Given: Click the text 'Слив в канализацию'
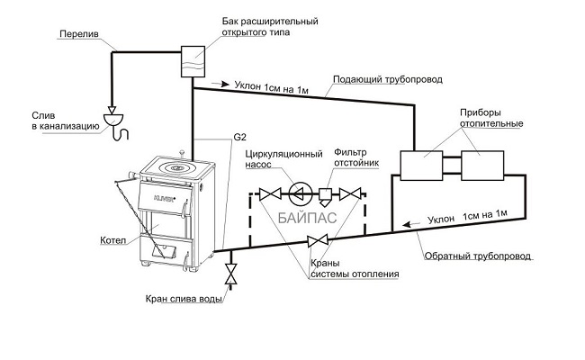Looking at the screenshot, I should point(54,122).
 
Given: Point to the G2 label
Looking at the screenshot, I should point(239,139).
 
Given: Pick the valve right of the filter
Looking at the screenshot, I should point(358,193).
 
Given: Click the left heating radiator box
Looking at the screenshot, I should point(421,166).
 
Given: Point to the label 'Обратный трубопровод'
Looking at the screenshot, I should point(478,256).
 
